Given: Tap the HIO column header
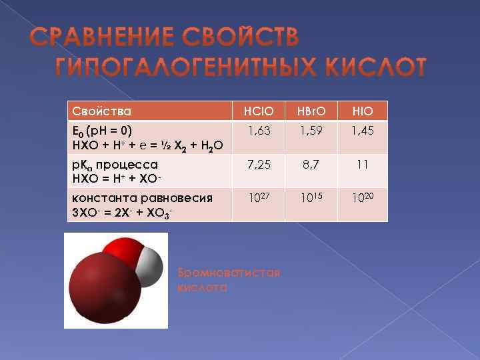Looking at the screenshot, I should (363, 111).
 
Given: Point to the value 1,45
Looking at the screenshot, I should (363, 131).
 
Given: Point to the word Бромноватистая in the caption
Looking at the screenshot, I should (229, 273).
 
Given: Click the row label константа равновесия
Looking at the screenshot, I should (141, 197).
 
